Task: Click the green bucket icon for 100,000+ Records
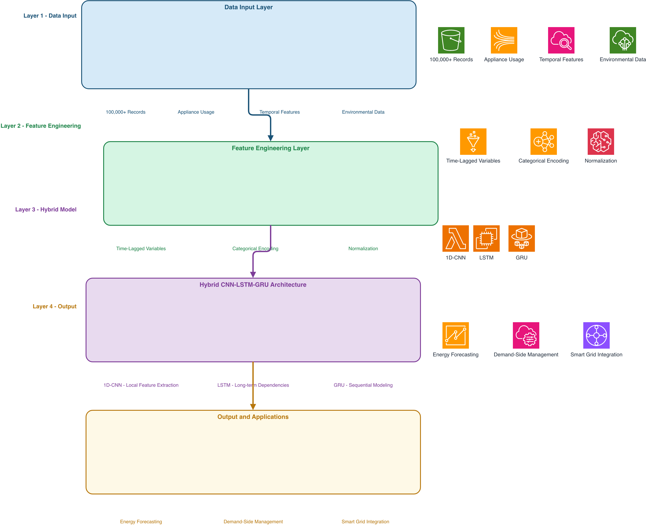click(x=451, y=40)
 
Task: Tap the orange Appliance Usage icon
click(x=504, y=40)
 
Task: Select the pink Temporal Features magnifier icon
click(x=561, y=40)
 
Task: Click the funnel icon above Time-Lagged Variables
click(x=473, y=141)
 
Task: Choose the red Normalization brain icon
click(x=601, y=141)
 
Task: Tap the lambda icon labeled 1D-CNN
click(x=455, y=238)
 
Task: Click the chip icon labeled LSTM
click(x=486, y=238)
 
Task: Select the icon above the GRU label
click(x=521, y=238)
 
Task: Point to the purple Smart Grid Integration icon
click(x=596, y=335)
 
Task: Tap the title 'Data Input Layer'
click(x=248, y=7)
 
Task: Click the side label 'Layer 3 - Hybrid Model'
click(x=46, y=209)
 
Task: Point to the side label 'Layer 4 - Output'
click(x=55, y=306)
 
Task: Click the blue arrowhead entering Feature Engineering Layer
click(x=270, y=138)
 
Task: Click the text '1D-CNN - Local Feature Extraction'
click(x=141, y=385)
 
